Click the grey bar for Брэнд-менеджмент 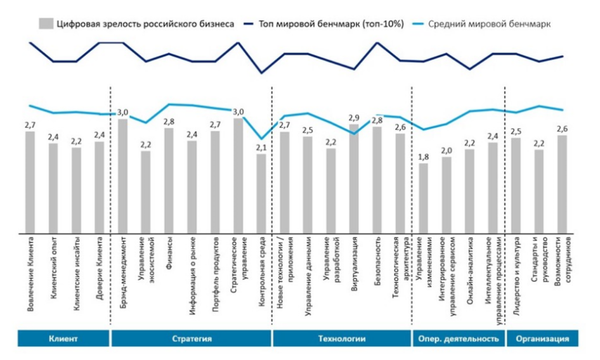[123, 176]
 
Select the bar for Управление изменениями [423, 198]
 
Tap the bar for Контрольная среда [261, 193]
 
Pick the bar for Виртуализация [353, 179]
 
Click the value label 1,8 [423, 157]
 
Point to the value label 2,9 [353, 118]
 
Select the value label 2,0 [446, 150]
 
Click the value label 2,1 [261, 148]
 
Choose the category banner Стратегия [192, 338]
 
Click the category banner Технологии [342, 338]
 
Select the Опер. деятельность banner [457, 338]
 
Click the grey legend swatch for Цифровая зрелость [47, 23]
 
